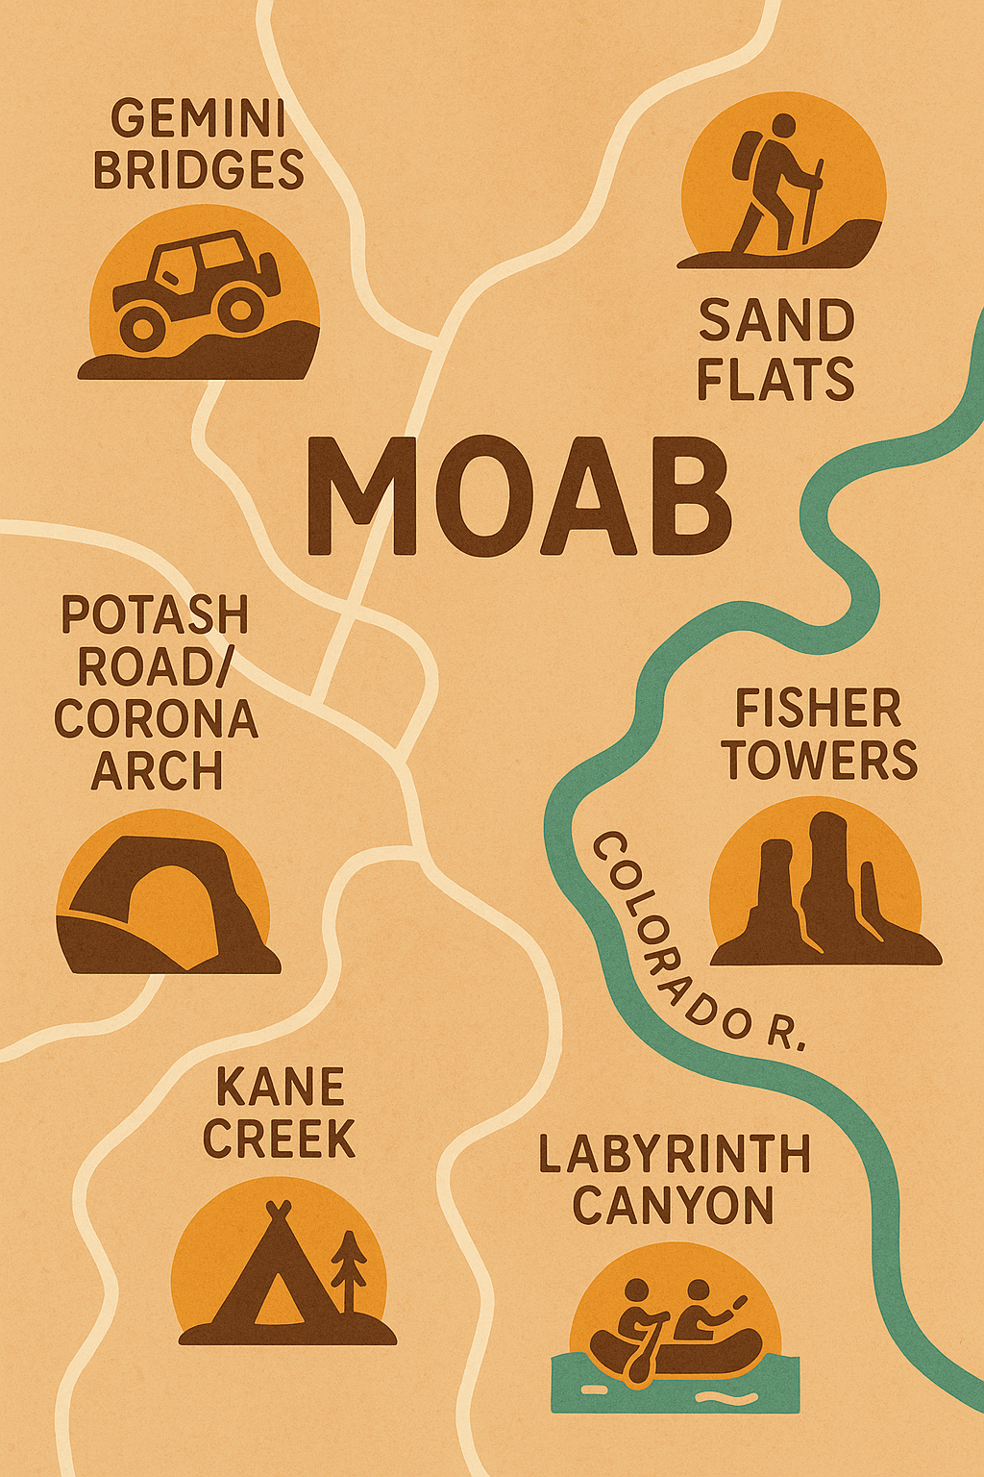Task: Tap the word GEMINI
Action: tap(198, 120)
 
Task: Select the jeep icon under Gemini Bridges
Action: tap(197, 288)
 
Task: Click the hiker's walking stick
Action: tap(813, 202)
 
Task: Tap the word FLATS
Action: tap(775, 378)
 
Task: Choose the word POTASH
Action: tap(155, 614)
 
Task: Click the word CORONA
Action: tap(156, 718)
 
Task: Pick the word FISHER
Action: tap(818, 709)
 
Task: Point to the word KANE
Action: tap(280, 1088)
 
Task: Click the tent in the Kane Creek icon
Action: tap(274, 1269)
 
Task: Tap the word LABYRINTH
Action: tap(675, 1154)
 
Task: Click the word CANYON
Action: tap(673, 1206)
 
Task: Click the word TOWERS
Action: tap(820, 760)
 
